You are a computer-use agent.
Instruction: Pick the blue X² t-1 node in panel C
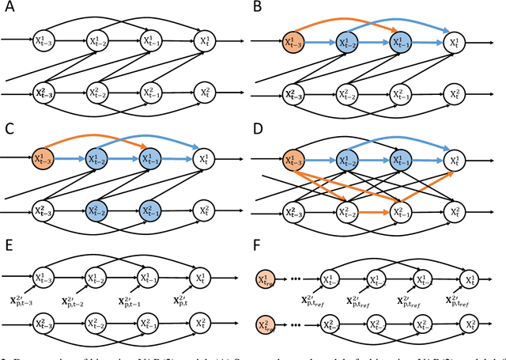(149, 212)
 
